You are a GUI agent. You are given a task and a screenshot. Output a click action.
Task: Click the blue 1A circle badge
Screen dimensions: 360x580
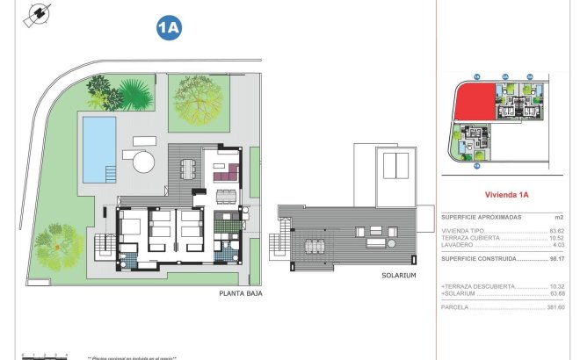168,27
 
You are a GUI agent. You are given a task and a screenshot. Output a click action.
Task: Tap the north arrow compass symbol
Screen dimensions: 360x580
38,15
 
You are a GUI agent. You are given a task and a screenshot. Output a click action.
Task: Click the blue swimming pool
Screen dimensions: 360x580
98,146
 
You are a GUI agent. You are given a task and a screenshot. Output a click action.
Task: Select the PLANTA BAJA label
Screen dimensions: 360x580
239,295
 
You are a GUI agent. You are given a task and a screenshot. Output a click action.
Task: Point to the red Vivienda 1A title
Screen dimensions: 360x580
506,196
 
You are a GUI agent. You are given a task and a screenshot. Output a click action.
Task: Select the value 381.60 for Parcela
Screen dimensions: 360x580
555,307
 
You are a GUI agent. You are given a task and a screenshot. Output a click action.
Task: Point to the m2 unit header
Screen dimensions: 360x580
558,217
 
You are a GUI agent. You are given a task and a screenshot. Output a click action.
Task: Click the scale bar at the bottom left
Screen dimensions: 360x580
45,355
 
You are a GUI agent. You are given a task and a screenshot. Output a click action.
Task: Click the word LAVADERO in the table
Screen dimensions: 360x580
457,244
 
